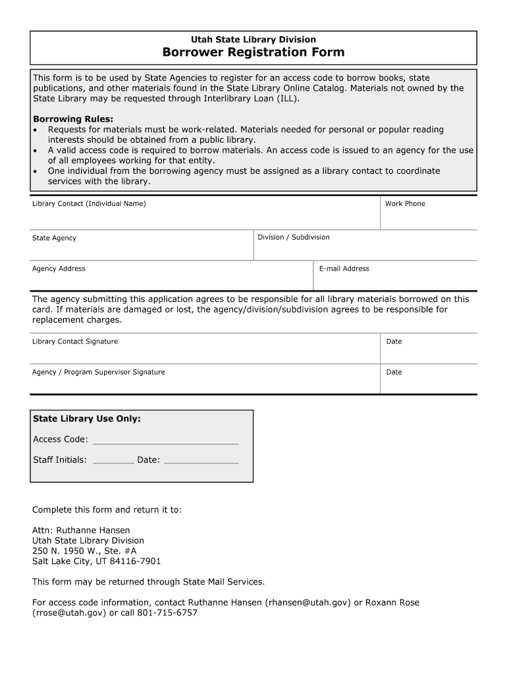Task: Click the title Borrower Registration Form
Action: point(254,52)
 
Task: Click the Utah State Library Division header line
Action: point(254,39)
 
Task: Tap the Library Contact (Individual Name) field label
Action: point(89,203)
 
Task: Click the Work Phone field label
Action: point(405,203)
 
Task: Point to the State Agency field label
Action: point(54,238)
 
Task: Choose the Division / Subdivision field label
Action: point(294,237)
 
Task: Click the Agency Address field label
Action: point(59,269)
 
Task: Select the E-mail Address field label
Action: point(344,269)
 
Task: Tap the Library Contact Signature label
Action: point(75,342)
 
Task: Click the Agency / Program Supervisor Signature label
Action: point(98,372)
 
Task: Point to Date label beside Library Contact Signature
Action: point(394,342)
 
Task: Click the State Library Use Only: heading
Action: point(87,419)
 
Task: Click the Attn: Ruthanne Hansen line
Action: point(81,530)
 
